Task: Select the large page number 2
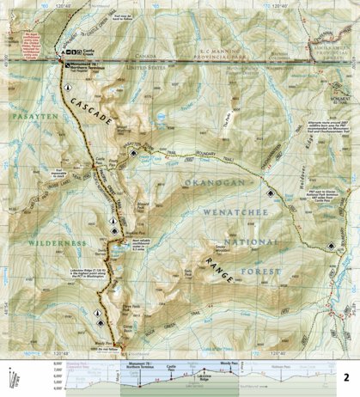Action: pyautogui.click(x=345, y=377)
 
